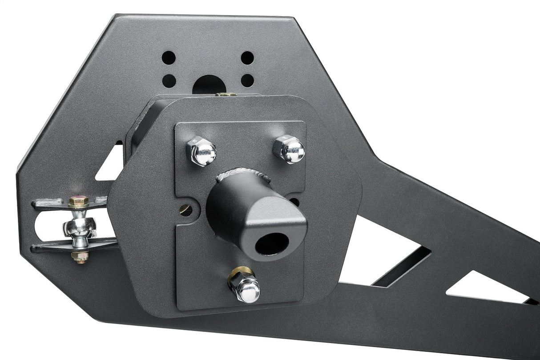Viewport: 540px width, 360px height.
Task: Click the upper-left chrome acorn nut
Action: (x=202, y=151)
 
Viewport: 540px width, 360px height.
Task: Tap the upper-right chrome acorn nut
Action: (x=290, y=149)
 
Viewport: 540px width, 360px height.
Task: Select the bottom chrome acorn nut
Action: (x=245, y=288)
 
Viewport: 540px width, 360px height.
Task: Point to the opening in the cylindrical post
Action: (x=271, y=243)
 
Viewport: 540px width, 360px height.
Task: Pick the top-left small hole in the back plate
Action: (x=169, y=57)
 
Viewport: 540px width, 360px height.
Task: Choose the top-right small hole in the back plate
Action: (x=247, y=58)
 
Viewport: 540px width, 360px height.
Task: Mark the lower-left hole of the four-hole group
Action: (x=169, y=81)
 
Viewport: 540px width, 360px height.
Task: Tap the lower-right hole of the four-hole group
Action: (x=247, y=81)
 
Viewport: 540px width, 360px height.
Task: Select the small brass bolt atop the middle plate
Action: (x=226, y=94)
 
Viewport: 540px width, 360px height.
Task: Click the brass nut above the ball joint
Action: (x=78, y=202)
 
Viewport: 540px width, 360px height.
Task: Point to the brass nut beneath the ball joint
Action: (x=80, y=257)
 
